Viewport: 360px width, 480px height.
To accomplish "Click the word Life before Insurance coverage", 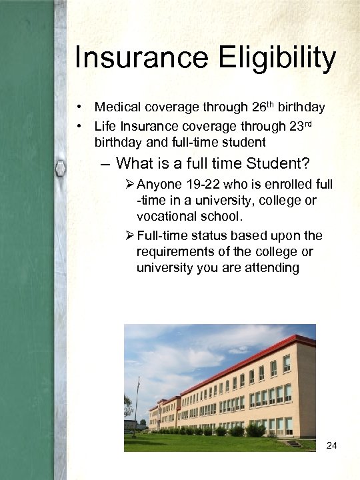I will pos(105,125).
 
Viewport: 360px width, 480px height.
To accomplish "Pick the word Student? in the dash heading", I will pos(281,163).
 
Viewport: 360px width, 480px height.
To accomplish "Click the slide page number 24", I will pos(333,444).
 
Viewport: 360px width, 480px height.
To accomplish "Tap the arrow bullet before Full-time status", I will pos(129,235).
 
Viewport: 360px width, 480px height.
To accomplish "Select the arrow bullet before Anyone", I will pos(129,184).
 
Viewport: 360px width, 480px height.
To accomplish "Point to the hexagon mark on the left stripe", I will pos(60,169).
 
